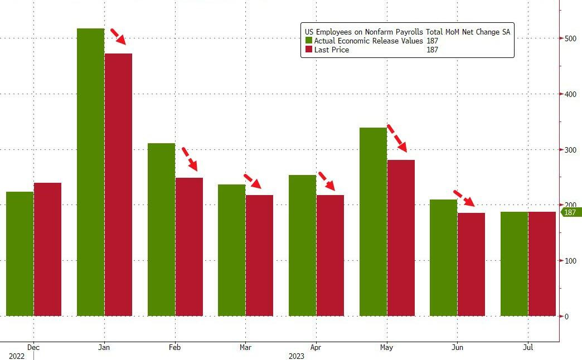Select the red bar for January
click(118, 184)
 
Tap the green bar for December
click(20, 254)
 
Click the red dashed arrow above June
click(464, 198)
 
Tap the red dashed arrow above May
click(397, 138)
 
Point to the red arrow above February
click(190, 158)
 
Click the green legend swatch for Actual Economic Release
click(308, 41)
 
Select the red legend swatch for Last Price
click(308, 50)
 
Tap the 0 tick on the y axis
click(566, 316)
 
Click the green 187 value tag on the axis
click(570, 212)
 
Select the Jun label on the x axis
click(457, 347)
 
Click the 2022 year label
click(17, 356)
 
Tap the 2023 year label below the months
click(297, 356)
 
